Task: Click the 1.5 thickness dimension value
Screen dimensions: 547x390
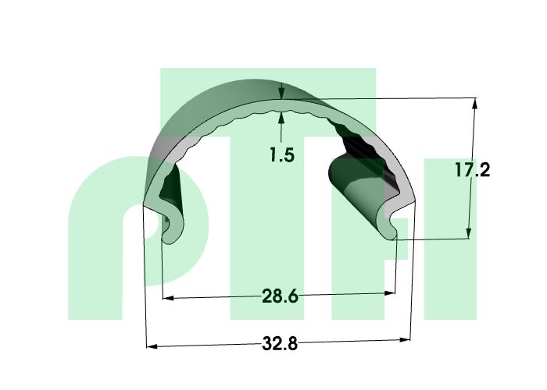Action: pyautogui.click(x=282, y=154)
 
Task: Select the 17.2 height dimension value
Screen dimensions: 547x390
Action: pyautogui.click(x=472, y=170)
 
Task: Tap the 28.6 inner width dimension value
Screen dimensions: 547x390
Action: pyautogui.click(x=280, y=296)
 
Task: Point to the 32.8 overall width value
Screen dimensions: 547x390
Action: pyautogui.click(x=280, y=344)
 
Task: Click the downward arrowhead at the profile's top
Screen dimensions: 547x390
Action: pyautogui.click(x=281, y=94)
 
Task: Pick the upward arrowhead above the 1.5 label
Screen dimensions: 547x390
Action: pyautogui.click(x=281, y=117)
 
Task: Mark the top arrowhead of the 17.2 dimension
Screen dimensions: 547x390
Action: pyautogui.click(x=474, y=104)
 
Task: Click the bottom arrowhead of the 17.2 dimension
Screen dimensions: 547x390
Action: pyautogui.click(x=469, y=233)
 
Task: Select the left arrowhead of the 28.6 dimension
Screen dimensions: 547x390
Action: pyautogui.click(x=169, y=298)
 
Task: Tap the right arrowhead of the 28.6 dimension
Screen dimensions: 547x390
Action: pyautogui.click(x=389, y=293)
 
